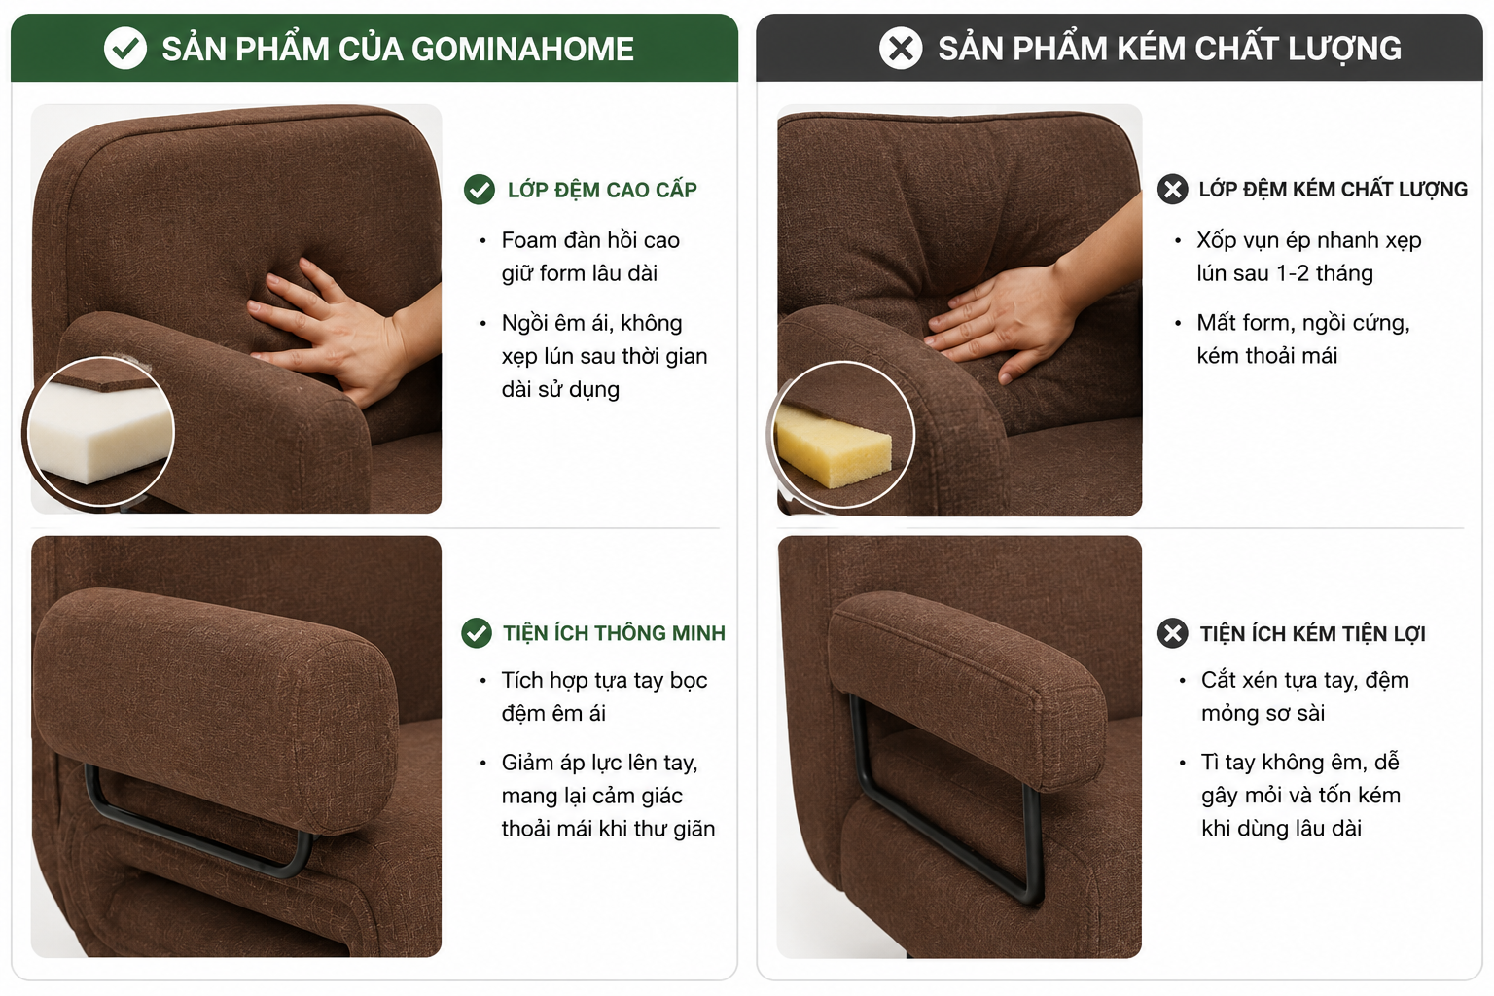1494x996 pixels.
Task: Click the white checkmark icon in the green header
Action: point(125,48)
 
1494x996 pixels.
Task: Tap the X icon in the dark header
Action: point(901,48)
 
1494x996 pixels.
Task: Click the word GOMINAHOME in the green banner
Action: point(522,49)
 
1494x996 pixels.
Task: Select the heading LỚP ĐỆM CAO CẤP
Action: point(602,190)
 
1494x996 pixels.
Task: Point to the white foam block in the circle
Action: point(100,434)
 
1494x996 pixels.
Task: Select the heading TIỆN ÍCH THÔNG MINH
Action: point(614,633)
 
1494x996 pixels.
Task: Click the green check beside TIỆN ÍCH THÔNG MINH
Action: point(477,633)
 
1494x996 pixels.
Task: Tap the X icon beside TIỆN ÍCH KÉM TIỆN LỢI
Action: point(1172,633)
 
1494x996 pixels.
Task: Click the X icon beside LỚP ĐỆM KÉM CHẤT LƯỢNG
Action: point(1172,190)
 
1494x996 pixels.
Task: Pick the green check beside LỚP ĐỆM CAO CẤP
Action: point(479,190)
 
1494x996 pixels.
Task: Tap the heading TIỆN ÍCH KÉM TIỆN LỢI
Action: point(1312,634)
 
